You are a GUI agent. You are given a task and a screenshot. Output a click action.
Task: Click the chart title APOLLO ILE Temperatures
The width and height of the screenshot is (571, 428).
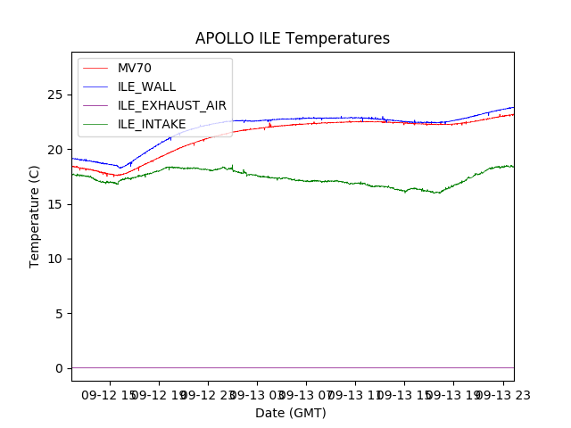[293, 39]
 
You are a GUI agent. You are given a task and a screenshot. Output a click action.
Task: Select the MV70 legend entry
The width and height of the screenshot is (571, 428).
[134, 68]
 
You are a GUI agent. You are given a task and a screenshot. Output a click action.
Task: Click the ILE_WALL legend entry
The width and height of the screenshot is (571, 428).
[146, 86]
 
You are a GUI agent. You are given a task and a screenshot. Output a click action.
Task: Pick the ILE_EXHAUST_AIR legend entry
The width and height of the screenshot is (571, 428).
[172, 105]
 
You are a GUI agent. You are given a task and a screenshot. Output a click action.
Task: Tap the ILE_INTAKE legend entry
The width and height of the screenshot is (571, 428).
[152, 124]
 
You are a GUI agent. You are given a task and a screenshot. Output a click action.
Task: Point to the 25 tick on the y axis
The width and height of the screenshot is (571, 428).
[59, 95]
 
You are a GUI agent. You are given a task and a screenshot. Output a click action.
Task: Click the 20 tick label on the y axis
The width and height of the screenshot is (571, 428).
[59, 149]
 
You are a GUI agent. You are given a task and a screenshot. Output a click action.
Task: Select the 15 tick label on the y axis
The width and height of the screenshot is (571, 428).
[59, 204]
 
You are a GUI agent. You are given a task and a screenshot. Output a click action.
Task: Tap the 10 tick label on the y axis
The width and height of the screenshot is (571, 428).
[59, 259]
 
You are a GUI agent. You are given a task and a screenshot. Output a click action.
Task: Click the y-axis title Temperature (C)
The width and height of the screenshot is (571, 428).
[35, 217]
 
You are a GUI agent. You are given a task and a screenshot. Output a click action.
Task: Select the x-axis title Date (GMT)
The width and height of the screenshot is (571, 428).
[291, 413]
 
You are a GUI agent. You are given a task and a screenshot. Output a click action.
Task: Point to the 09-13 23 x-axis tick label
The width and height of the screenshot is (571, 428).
[501, 393]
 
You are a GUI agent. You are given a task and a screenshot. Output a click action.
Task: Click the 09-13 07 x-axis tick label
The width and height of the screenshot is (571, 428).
[305, 393]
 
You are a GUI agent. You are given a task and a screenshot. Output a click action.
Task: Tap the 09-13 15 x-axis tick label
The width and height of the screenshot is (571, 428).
[403, 393]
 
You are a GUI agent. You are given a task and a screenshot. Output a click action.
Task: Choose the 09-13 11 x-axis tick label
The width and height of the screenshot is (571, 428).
[354, 393]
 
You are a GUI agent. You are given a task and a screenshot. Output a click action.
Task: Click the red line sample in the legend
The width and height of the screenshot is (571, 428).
[95, 68]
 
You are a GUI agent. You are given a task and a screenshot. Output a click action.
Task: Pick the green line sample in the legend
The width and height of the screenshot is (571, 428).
[95, 86]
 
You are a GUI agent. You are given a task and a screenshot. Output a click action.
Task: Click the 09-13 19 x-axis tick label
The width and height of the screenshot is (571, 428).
[452, 393]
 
